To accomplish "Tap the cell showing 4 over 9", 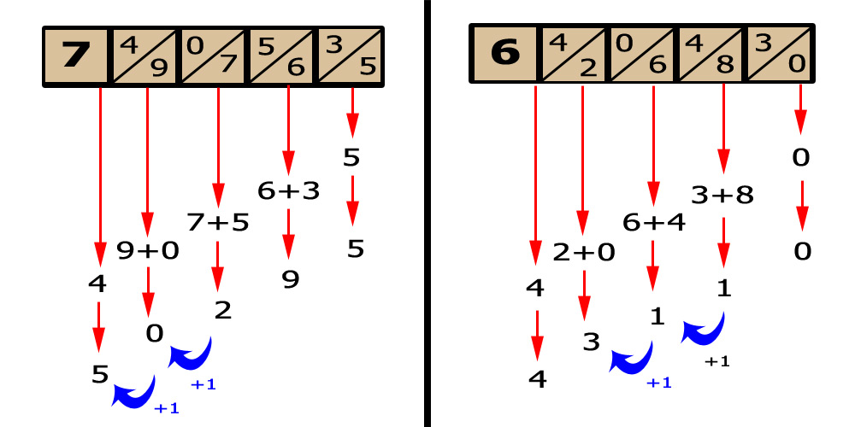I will click(144, 56).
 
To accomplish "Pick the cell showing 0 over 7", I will click(214, 56).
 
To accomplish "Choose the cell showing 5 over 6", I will click(282, 56).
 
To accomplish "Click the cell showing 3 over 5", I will click(351, 56).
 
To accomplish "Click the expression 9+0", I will click(148, 251).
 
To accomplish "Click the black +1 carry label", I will click(717, 362).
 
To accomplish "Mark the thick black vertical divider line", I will click(427, 213).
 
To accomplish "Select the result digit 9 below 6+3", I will click(291, 279).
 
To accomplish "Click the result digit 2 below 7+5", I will click(222, 310).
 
